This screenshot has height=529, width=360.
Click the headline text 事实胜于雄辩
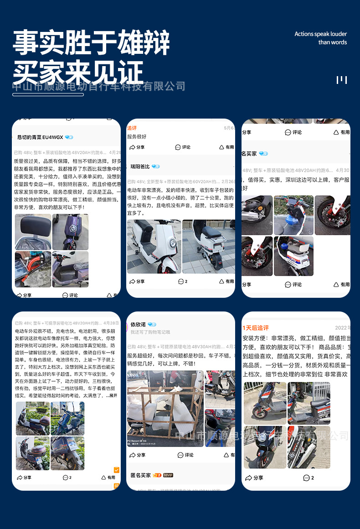coord(91,43)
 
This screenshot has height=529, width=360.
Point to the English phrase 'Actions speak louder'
coord(320,34)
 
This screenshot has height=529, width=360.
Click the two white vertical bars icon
coord(342,80)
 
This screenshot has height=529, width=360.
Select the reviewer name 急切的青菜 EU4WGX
coord(40,137)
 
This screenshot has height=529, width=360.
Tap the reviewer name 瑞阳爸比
coord(140,166)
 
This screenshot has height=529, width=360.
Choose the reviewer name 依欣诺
coord(139,324)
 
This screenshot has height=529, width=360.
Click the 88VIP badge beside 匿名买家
coord(168,475)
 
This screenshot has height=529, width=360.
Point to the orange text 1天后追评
coord(256,328)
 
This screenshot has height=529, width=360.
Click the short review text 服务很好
coord(137,136)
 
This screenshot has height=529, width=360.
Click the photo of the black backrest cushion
coord(33,232)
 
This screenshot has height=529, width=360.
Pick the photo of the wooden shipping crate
coord(165,408)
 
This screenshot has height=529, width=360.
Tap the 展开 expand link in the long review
coord(113,396)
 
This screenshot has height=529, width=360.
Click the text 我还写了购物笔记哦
coord(150,332)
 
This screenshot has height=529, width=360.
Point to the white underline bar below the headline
coord(48,94)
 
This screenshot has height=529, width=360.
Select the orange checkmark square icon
coord(117,470)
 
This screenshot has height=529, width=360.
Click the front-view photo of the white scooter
coord(154,246)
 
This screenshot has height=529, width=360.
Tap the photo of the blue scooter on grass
coord(67,418)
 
